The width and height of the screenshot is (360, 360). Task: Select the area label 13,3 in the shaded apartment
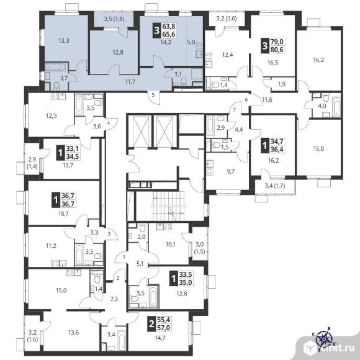tap(64, 41)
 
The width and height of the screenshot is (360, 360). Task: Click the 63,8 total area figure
tap(169, 27)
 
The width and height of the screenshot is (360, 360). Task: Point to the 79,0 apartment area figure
tap(277, 42)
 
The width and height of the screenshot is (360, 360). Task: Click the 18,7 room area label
tap(63, 214)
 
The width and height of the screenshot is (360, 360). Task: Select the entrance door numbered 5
tap(153, 94)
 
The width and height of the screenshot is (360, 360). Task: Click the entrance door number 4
tap(109, 123)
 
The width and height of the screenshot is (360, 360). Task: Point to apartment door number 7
tap(234, 110)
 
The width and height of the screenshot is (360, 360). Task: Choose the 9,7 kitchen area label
tap(230, 171)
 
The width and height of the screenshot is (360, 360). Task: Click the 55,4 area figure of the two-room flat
tap(164, 320)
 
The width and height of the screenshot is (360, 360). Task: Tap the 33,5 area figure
tap(186, 274)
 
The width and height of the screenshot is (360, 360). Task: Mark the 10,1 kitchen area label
tap(170, 245)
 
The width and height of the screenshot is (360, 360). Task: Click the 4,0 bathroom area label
tap(322, 106)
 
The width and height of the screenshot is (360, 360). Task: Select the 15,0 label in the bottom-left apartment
tap(61, 290)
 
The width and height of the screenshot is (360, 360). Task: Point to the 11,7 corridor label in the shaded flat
tap(130, 81)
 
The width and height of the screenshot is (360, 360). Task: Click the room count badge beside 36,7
tap(55, 200)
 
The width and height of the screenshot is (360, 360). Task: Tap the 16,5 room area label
tap(272, 63)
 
